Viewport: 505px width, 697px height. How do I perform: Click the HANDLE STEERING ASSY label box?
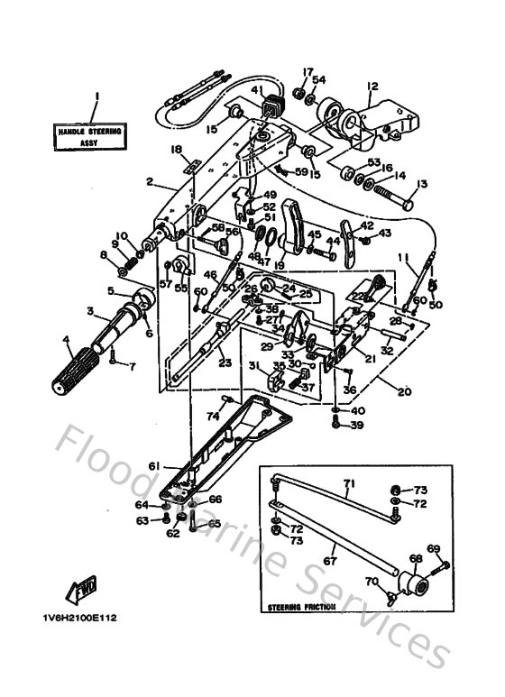tap(89, 136)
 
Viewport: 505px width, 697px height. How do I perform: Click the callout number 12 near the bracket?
tap(371, 87)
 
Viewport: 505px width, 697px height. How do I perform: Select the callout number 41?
tap(256, 90)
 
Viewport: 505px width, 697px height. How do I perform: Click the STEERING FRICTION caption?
tap(302, 608)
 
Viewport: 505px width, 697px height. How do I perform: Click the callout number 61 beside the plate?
tap(153, 465)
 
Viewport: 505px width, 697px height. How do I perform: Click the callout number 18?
tap(176, 149)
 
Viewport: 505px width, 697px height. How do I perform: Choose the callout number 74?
tap(213, 417)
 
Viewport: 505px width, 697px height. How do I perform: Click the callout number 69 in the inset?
tap(433, 548)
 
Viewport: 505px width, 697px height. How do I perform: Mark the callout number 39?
tap(357, 425)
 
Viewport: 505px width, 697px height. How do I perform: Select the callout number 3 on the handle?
tap(89, 311)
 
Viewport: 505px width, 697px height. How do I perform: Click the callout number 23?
tap(225, 362)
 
